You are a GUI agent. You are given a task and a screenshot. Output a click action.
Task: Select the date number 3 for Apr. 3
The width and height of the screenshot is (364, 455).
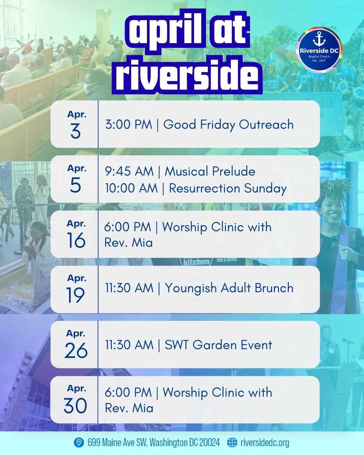pyautogui.click(x=75, y=131)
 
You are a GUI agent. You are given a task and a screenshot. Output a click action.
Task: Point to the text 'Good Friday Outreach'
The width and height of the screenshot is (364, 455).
pyautogui.click(x=229, y=124)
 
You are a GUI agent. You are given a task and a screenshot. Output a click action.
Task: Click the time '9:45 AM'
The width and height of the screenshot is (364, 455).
pyautogui.click(x=129, y=171)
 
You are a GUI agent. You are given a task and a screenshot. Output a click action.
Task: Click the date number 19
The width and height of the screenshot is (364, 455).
pyautogui.click(x=75, y=295)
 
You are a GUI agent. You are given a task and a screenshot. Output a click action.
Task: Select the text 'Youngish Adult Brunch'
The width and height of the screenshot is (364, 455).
pyautogui.click(x=229, y=288)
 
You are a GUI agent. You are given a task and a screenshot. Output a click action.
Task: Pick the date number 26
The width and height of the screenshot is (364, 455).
pyautogui.click(x=76, y=350)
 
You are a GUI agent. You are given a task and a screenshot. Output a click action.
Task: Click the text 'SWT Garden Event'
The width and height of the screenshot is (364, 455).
pyautogui.click(x=218, y=345)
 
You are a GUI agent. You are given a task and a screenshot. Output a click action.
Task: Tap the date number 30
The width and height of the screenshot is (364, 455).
pyautogui.click(x=75, y=405)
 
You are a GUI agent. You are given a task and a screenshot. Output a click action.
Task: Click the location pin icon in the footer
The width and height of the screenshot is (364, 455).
pyautogui.click(x=79, y=443)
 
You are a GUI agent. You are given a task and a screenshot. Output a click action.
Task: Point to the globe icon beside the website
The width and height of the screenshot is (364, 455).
pyautogui.click(x=232, y=443)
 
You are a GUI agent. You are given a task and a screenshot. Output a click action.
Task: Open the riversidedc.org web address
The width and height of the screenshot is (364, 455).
pyautogui.click(x=265, y=443)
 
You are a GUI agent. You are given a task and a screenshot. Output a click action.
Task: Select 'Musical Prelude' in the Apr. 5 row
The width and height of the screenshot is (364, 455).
pyautogui.click(x=210, y=171)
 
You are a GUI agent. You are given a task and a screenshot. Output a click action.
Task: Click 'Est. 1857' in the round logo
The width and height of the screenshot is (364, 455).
pyautogui.click(x=319, y=60)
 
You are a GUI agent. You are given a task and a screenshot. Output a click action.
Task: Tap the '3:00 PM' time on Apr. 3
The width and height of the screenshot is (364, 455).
pyautogui.click(x=129, y=124)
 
